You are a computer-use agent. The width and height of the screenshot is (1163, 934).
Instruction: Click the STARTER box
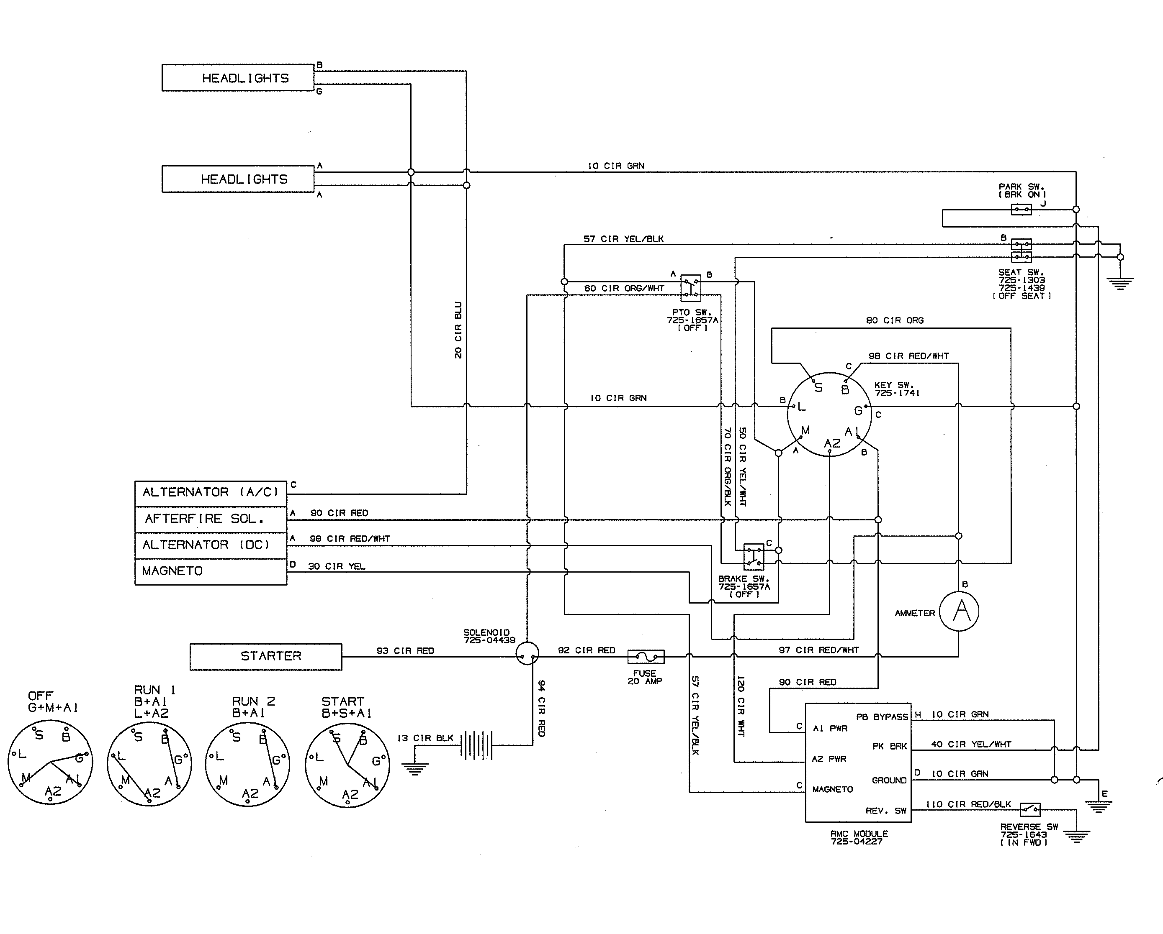click(265, 656)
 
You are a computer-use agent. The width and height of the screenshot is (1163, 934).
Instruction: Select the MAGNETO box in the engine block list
click(211, 571)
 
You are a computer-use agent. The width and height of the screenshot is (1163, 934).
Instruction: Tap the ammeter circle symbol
click(959, 611)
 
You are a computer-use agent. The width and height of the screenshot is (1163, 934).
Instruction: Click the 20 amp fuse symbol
click(646, 656)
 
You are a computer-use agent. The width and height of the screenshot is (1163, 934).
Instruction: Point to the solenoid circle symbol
click(527, 653)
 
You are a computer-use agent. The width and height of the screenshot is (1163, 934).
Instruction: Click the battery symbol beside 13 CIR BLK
click(477, 745)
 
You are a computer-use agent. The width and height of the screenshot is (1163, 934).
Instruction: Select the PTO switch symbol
click(690, 288)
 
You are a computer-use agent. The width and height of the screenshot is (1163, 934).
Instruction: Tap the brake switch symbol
click(754, 557)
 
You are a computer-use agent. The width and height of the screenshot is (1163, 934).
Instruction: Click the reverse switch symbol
click(1030, 809)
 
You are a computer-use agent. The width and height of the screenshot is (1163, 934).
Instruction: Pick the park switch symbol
click(1021, 209)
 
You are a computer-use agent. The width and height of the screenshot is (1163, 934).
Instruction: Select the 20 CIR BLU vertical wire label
click(458, 330)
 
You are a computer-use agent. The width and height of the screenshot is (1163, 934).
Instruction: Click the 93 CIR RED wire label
click(405, 650)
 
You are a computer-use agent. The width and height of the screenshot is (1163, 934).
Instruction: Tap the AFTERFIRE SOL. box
click(211, 519)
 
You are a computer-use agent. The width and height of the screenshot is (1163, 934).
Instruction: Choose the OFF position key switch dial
click(50, 762)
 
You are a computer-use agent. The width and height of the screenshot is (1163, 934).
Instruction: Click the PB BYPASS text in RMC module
click(882, 717)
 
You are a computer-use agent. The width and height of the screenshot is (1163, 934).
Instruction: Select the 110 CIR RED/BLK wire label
click(968, 804)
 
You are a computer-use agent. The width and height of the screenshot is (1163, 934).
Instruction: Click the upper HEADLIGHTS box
click(238, 78)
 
